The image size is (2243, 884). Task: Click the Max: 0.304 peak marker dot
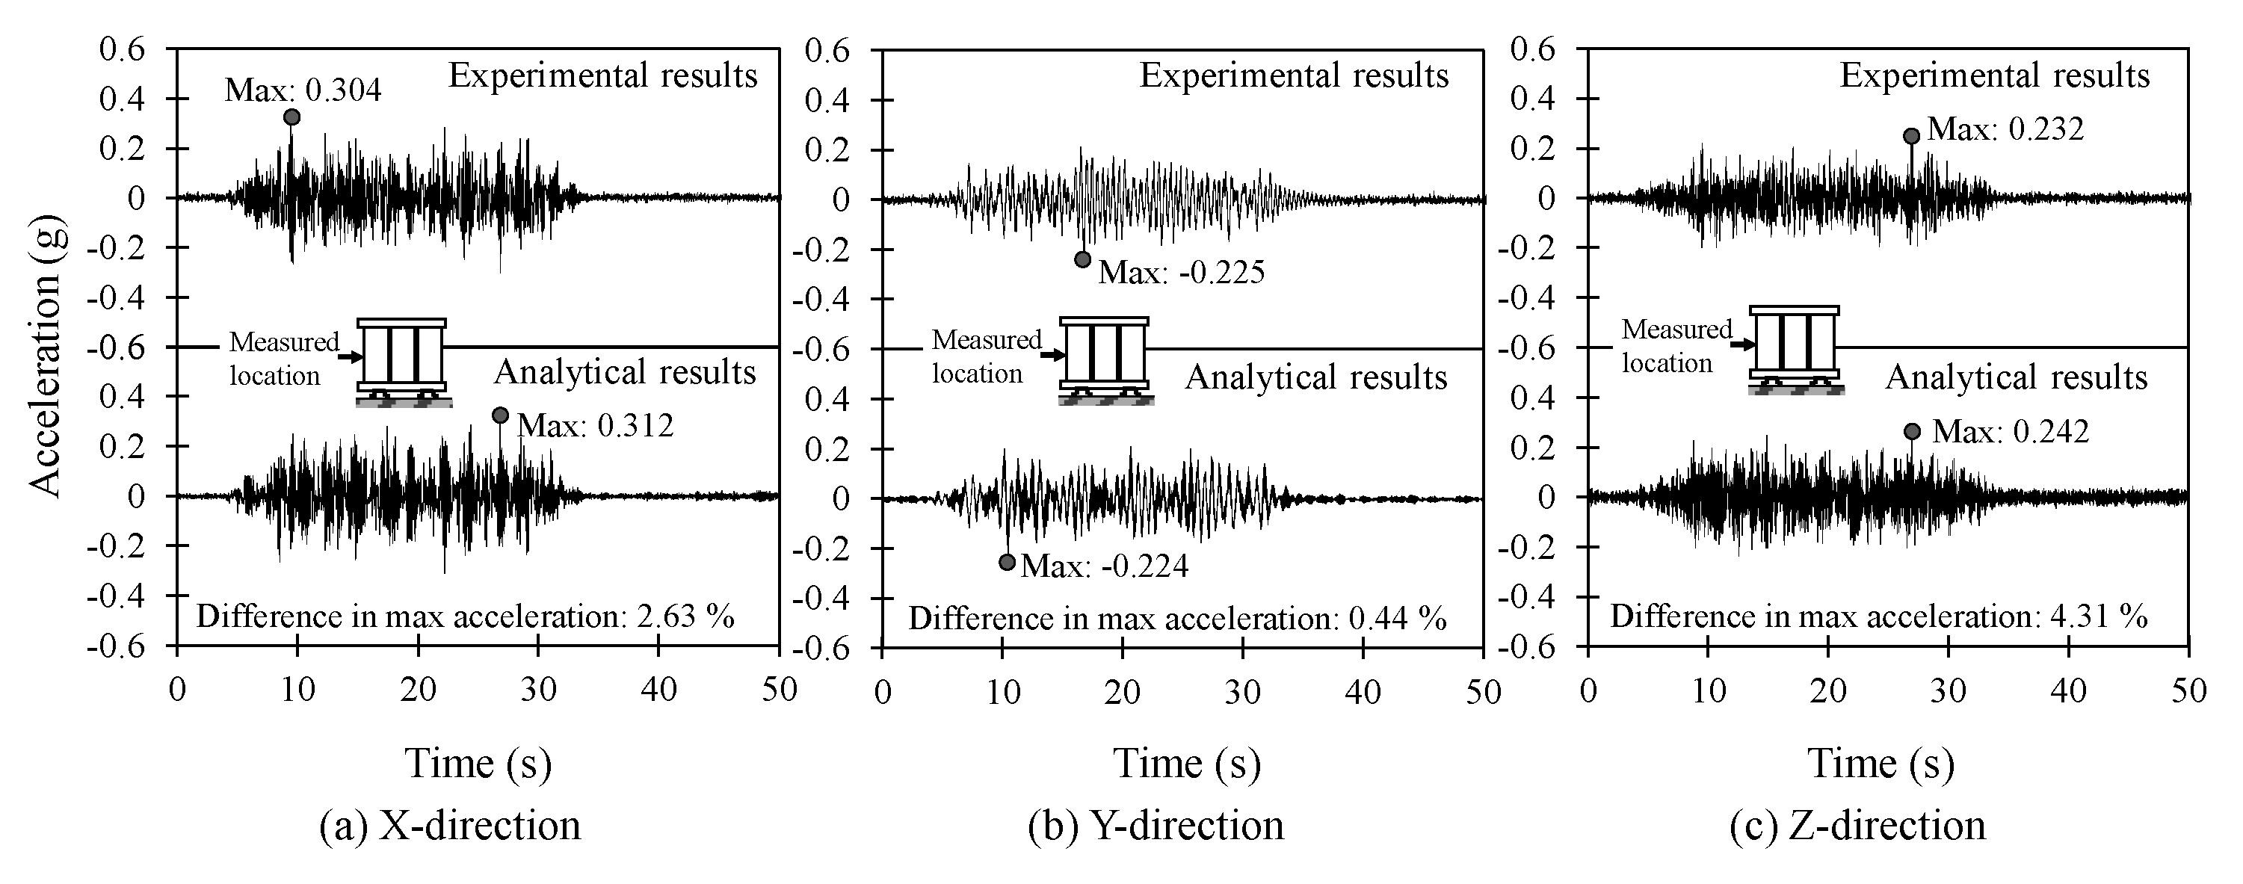point(291,117)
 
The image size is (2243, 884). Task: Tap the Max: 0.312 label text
point(596,426)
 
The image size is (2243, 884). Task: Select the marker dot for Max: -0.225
point(1082,259)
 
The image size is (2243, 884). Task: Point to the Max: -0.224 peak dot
point(1008,563)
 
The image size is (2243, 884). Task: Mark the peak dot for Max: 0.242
point(1912,431)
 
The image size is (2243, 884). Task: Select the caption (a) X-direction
point(450,825)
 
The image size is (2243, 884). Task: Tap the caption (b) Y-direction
point(1156,825)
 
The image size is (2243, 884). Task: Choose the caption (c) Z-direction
point(1858,825)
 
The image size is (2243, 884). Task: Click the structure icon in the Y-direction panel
point(1104,357)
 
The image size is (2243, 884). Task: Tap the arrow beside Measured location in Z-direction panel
point(1742,345)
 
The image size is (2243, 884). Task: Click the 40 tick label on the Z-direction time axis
point(2068,690)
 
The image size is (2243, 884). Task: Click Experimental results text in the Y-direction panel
point(1294,75)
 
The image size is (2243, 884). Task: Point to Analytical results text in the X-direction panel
point(624,372)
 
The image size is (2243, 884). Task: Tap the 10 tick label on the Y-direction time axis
point(1003,693)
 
